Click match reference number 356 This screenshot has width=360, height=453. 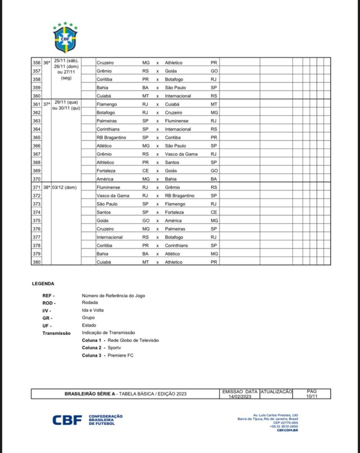(x=37, y=63)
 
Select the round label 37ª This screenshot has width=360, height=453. (x=46, y=104)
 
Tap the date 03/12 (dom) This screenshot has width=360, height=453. (x=65, y=187)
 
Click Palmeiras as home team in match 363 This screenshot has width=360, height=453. (x=107, y=121)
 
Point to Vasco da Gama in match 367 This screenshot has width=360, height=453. (x=181, y=154)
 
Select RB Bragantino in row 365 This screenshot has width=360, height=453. (x=111, y=138)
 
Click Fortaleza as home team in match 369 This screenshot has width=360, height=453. (x=107, y=171)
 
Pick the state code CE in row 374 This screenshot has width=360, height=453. (x=214, y=212)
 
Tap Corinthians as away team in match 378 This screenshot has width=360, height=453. (x=176, y=246)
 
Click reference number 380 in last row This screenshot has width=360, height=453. (x=37, y=262)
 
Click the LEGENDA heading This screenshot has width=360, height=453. (x=43, y=284)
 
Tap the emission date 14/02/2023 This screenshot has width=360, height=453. (x=240, y=397)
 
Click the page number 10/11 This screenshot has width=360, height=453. (x=312, y=397)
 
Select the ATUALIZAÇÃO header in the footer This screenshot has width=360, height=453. (x=276, y=392)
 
